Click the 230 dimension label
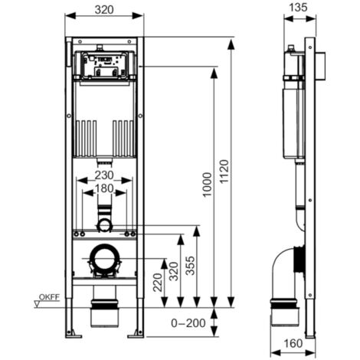click(105, 175)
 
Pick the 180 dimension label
click(105, 188)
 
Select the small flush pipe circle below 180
click(104, 224)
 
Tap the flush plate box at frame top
click(105, 65)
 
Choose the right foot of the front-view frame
click(139, 332)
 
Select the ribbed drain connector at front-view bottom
click(104, 314)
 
